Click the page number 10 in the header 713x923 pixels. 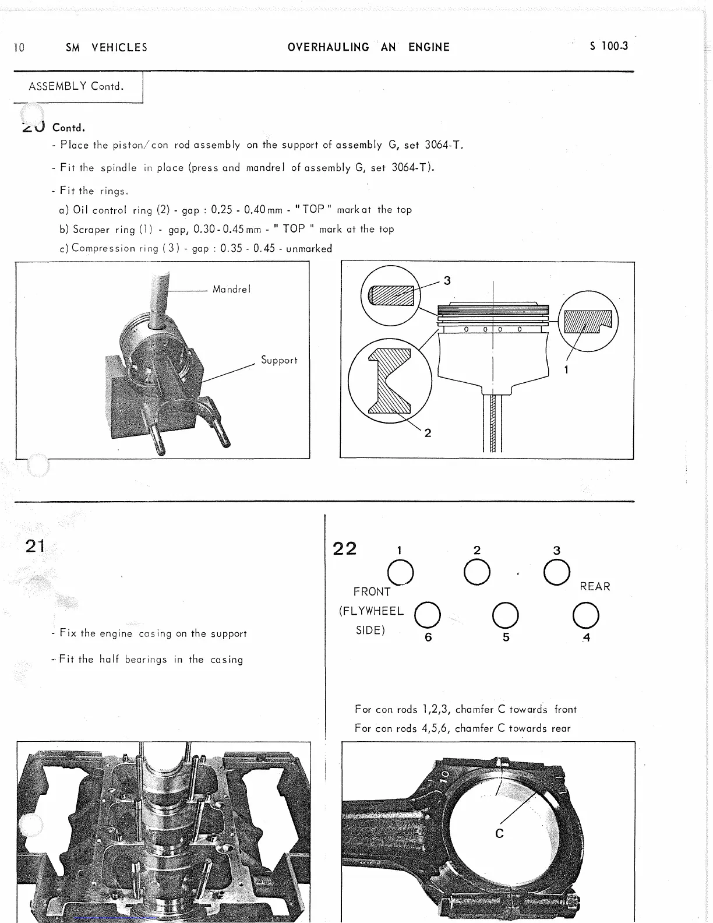click(x=19, y=48)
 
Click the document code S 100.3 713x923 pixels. click(x=609, y=47)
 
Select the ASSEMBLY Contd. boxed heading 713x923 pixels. click(x=77, y=87)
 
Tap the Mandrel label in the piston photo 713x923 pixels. click(x=231, y=289)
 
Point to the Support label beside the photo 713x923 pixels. click(x=279, y=360)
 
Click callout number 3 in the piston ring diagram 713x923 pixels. click(x=447, y=281)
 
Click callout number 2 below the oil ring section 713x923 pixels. click(x=428, y=433)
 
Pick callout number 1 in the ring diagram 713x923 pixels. click(x=566, y=369)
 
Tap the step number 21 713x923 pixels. click(x=35, y=546)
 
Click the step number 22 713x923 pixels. click(x=344, y=549)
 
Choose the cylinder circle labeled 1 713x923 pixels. click(x=401, y=572)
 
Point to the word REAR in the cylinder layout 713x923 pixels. click(x=595, y=587)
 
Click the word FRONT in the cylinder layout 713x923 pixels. click(x=372, y=592)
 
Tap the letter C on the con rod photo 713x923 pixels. click(x=499, y=834)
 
